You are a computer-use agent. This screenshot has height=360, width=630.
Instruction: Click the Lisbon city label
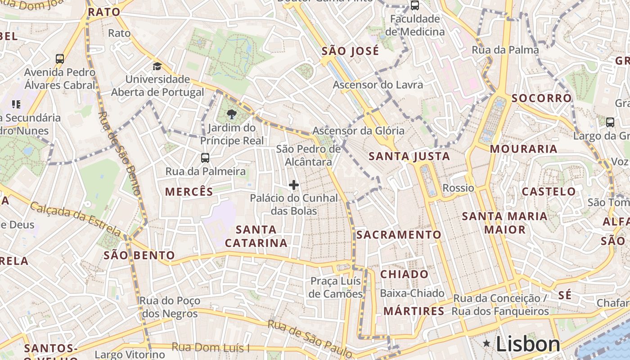[528, 344]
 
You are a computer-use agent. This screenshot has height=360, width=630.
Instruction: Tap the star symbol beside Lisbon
[486, 344]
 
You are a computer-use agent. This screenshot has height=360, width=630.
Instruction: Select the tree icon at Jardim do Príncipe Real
[232, 114]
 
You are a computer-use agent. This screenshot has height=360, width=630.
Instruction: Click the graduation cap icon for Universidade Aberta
[157, 67]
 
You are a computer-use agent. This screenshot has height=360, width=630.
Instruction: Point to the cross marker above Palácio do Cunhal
[294, 185]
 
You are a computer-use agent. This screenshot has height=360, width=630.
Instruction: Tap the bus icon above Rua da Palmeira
[205, 158]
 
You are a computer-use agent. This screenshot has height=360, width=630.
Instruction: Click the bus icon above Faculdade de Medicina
[414, 6]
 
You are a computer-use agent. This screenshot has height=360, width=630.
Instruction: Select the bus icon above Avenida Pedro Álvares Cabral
[60, 58]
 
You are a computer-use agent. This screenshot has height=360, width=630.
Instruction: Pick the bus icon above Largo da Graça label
[610, 122]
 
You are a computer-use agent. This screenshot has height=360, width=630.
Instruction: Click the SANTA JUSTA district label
[409, 157]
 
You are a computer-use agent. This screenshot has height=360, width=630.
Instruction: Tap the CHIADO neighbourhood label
[405, 274]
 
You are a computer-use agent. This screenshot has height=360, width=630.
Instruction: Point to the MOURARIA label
[523, 149]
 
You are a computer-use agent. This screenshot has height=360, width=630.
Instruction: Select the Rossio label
[459, 188]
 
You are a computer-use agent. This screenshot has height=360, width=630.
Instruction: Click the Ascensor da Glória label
[358, 131]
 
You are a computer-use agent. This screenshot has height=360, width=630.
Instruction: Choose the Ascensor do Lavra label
[378, 85]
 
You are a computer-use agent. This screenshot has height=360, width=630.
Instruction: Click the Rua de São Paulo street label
[310, 337]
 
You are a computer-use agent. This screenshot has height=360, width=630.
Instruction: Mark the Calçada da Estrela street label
[76, 219]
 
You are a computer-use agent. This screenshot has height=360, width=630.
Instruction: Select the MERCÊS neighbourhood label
[189, 192]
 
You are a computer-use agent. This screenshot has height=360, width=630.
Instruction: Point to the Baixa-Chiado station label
[412, 293]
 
